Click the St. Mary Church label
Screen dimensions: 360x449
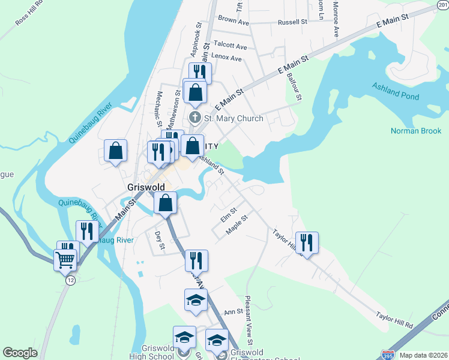tap(234, 118)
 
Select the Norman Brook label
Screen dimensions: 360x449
tap(416, 131)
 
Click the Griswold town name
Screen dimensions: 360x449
tap(146, 187)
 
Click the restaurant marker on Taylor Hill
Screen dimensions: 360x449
tap(307, 243)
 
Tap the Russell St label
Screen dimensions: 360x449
tap(292, 22)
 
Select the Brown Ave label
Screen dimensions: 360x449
tap(234, 21)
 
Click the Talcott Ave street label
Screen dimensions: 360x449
tap(231, 46)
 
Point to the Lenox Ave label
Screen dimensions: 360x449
tap(228, 59)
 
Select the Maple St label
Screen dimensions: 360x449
tap(237, 226)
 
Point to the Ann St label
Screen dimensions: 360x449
tap(234, 311)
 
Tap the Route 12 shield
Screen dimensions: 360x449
tap(70, 280)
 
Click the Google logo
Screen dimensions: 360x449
tap(20, 353)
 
